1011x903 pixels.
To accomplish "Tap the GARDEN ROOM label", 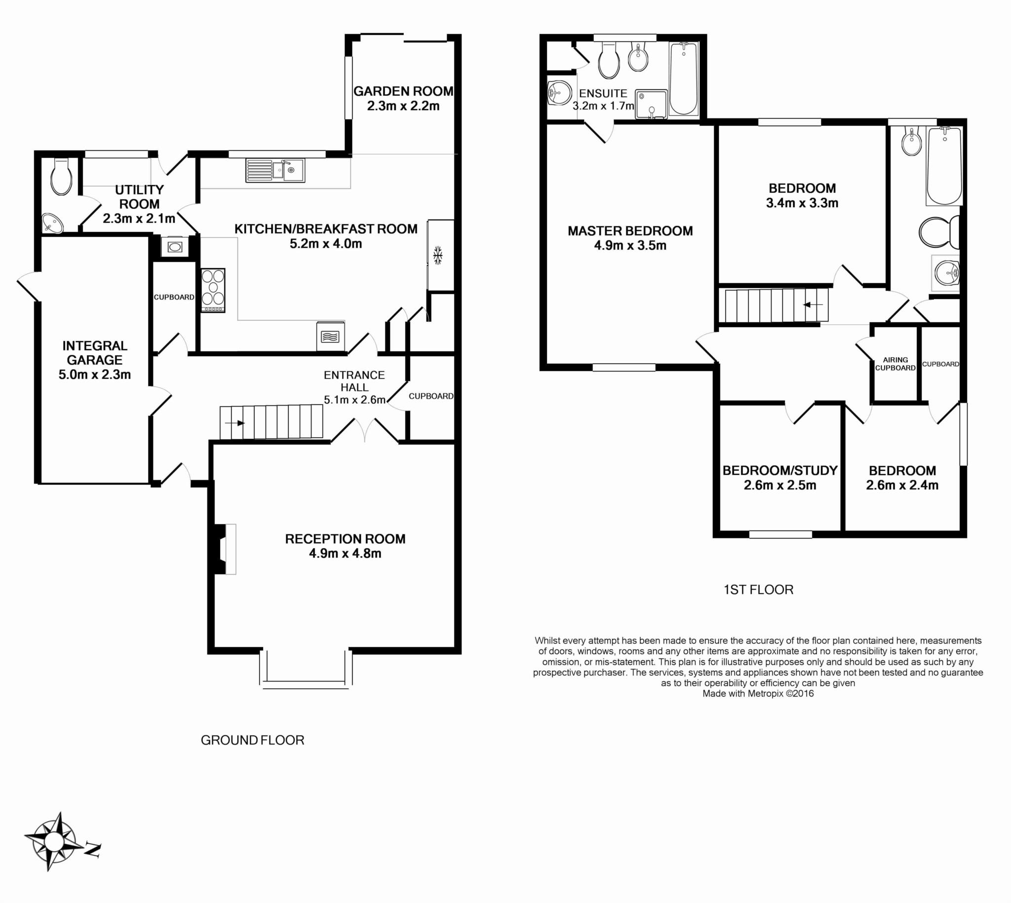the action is click(x=403, y=91).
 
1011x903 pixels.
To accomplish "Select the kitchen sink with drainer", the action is click(x=275, y=171).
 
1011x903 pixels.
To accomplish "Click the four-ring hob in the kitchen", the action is click(x=213, y=290).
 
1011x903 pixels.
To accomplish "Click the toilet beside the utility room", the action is click(x=62, y=176).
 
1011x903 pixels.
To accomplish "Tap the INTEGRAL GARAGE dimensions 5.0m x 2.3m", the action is click(x=95, y=375).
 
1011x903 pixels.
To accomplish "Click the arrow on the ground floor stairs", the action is click(x=235, y=423).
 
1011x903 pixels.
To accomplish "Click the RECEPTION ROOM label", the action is click(x=345, y=539).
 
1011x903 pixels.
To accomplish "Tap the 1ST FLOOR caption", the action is click(x=758, y=590).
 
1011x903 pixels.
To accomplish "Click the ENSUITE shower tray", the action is click(x=651, y=104).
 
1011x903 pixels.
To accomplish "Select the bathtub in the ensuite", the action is click(x=683, y=79).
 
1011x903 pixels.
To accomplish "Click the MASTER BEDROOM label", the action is click(x=630, y=231).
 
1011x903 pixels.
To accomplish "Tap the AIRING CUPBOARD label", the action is click(x=895, y=364).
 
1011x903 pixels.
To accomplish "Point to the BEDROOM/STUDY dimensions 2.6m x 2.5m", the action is click(x=779, y=485).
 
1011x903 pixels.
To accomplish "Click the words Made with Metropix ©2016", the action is click(x=758, y=693).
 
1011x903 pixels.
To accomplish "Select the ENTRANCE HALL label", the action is click(x=354, y=381).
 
